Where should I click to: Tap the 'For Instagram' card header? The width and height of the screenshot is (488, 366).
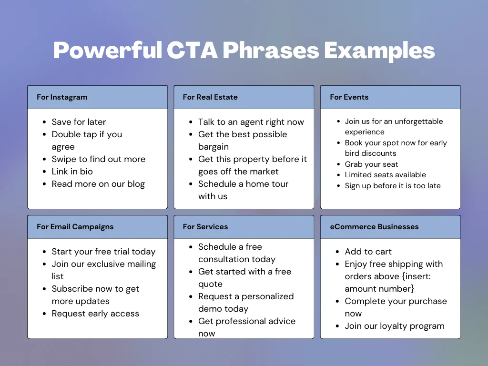tap(62, 97)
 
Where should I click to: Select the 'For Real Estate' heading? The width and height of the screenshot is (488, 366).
tap(210, 97)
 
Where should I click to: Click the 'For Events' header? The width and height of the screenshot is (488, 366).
tap(349, 97)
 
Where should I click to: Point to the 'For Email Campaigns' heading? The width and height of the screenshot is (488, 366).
tap(75, 227)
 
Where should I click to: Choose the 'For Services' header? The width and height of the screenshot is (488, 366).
tap(205, 227)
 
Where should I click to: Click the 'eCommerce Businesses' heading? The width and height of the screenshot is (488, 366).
tap(374, 227)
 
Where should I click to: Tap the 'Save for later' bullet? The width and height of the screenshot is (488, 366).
tap(79, 122)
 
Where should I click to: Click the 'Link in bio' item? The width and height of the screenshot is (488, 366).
tap(72, 172)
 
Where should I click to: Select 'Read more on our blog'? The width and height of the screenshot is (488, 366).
tap(98, 184)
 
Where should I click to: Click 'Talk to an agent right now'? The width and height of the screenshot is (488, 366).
tap(251, 122)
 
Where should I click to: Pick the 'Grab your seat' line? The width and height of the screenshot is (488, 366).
tap(371, 164)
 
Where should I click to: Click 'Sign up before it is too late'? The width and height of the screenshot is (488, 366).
tap(393, 186)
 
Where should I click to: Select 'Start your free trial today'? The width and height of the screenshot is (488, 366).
tap(103, 252)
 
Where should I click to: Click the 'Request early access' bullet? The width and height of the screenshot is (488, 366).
tap(95, 314)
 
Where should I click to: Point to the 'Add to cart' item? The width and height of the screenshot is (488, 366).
tap(368, 252)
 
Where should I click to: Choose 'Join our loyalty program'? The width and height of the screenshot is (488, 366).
tap(395, 326)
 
